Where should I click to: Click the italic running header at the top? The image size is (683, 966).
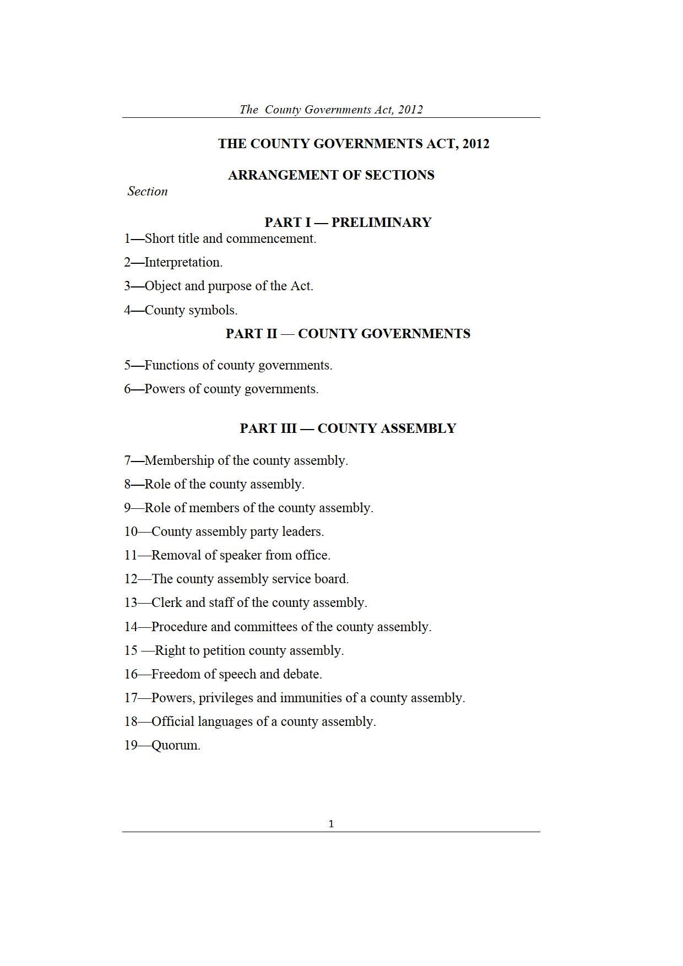331,110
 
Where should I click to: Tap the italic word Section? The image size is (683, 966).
148,192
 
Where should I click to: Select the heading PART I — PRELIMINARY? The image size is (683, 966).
348,222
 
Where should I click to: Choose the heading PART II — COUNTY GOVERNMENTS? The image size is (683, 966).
348,334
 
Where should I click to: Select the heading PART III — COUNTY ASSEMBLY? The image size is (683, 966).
348,428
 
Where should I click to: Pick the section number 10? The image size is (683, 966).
131,532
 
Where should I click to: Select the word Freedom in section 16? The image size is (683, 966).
176,675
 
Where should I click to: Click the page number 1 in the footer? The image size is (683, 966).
331,824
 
